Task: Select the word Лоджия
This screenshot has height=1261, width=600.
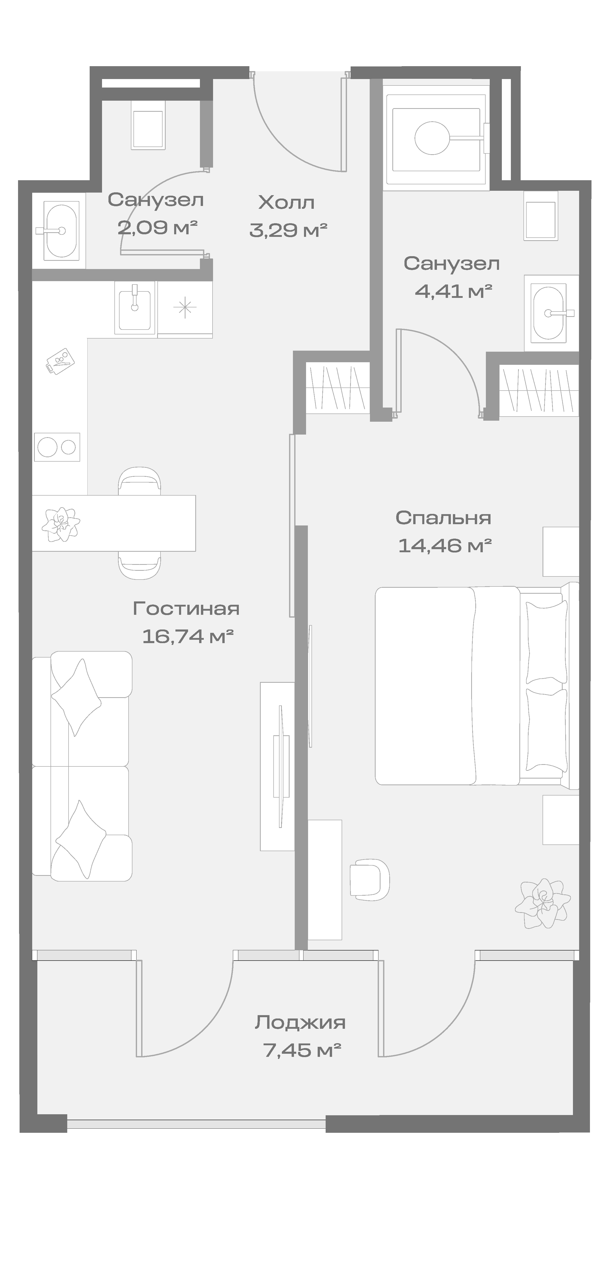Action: (x=300, y=1023)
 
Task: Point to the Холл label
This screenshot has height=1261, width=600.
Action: (x=286, y=202)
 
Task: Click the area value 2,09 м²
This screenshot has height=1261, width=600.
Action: (x=157, y=227)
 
